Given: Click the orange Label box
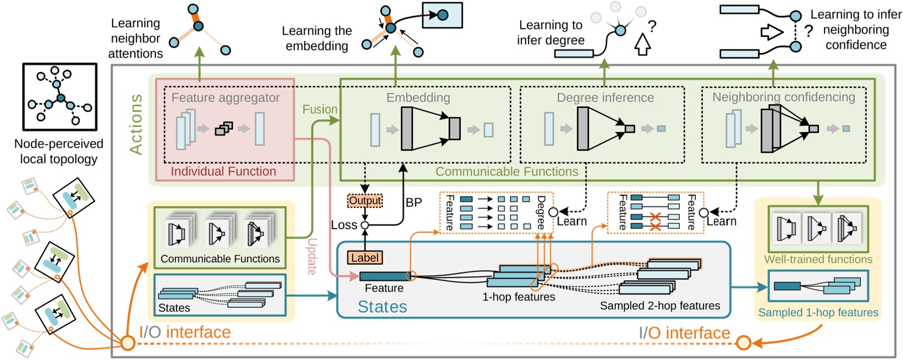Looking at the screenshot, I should tap(365, 258).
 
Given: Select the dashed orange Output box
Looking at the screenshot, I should tap(365, 201).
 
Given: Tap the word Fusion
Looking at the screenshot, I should tap(319, 109).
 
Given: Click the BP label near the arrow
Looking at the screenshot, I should tap(414, 203).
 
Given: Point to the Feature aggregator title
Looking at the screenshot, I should tap(225, 98).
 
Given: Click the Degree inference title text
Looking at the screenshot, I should tap(605, 98).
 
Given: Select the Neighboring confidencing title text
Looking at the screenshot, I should tap(784, 97).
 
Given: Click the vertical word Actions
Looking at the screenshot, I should tap(136, 124).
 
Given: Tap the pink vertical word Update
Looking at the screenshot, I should tap(312, 256).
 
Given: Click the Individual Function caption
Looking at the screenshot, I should tap(223, 171).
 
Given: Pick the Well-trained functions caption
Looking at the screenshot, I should tap(818, 259).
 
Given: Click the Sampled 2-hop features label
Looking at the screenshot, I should tap(660, 306).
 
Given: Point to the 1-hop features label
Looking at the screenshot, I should tap(519, 297).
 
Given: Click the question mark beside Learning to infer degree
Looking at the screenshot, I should tap(652, 26).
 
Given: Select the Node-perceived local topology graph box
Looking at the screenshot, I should tap(59, 97).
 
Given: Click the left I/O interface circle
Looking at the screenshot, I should tap(128, 343).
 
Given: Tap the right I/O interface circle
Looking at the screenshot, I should tap(743, 343).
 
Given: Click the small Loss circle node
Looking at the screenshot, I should tap(365, 225).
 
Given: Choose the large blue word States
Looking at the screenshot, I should tap(382, 307).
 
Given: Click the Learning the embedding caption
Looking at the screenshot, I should tap(317, 38).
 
